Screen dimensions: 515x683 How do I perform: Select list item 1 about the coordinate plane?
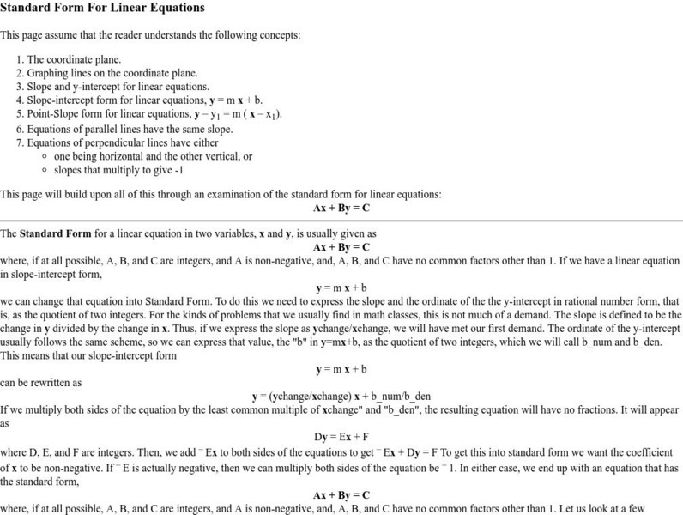coord(74,60)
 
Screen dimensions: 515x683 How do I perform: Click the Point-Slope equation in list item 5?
coord(239,114)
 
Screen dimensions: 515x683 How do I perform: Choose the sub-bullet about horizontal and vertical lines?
coord(153,156)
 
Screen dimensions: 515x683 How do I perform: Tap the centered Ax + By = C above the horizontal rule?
coord(341,209)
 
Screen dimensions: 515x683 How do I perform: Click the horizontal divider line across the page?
coord(341,221)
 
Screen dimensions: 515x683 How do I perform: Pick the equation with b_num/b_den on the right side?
coord(341,397)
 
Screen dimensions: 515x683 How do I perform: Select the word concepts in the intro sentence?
coord(280,35)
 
